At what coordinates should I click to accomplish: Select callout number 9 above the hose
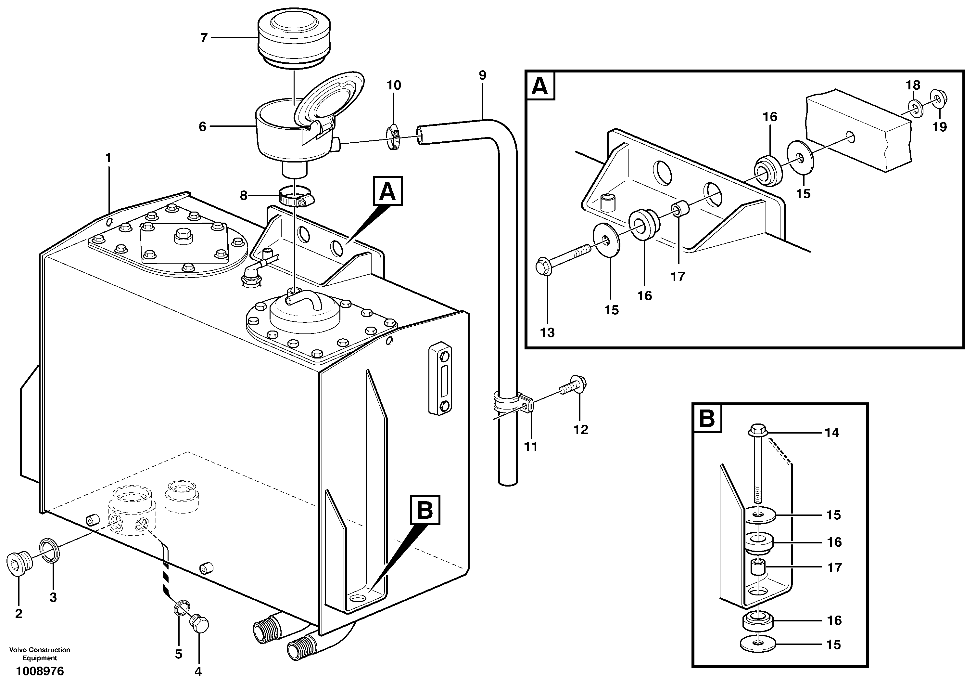point(482,75)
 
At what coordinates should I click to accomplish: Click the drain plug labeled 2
point(19,563)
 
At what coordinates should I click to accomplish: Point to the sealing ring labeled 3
point(50,551)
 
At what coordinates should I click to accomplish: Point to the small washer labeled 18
point(914,109)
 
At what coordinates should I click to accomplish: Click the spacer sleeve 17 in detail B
point(757,567)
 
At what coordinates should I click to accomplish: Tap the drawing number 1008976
point(40,671)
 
